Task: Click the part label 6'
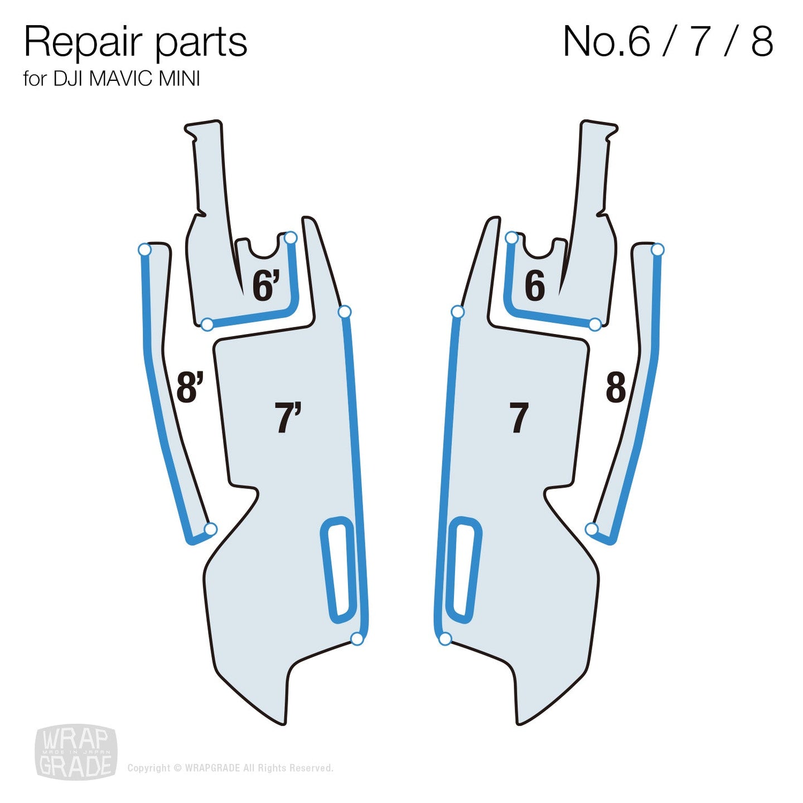click(x=265, y=286)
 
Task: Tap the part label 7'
click(x=287, y=417)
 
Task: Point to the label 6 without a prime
click(x=534, y=286)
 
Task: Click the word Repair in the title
click(x=84, y=42)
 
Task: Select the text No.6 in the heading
click(x=607, y=41)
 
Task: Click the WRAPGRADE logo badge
click(x=76, y=752)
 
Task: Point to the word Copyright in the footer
click(x=149, y=768)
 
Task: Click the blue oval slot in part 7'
click(x=338, y=570)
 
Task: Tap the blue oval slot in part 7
click(x=465, y=570)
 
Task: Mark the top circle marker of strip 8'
click(x=145, y=249)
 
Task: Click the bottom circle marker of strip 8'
click(x=210, y=529)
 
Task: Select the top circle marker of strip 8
click(x=657, y=249)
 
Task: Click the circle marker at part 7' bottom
click(x=357, y=639)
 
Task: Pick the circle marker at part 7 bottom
click(x=445, y=639)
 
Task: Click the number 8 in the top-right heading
click(x=762, y=41)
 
